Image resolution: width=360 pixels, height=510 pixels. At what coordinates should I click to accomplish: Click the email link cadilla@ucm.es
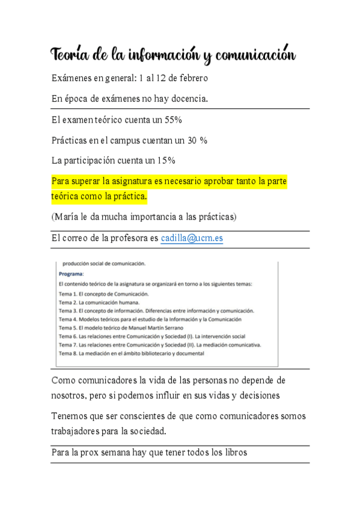(x=192, y=238)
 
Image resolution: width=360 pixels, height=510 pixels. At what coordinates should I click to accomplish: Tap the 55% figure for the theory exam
(x=173, y=120)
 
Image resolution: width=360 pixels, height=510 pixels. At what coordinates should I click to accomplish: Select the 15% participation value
(x=166, y=161)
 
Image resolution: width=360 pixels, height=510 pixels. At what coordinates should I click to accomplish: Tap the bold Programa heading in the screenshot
(x=71, y=273)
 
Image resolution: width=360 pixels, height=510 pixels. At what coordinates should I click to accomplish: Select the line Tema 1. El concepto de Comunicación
(x=103, y=293)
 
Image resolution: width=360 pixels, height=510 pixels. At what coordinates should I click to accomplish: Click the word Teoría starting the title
(x=70, y=55)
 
